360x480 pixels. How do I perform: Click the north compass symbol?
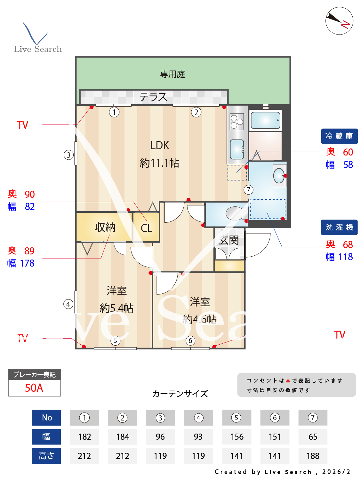click(339, 21)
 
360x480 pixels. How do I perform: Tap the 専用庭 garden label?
click(172, 74)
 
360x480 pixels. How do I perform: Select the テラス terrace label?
click(153, 97)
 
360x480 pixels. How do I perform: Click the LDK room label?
click(160, 146)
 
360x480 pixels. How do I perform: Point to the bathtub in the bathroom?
click(265, 120)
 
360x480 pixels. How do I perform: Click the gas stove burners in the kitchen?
click(237, 122)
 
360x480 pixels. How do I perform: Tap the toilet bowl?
click(235, 213)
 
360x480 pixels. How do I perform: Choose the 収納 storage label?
click(105, 227)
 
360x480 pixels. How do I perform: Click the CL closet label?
click(147, 228)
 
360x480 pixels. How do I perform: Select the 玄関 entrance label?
click(229, 240)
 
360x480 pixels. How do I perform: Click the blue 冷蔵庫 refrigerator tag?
click(339, 136)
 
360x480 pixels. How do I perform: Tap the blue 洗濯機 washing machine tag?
click(339, 227)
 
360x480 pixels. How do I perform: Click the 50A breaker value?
click(34, 388)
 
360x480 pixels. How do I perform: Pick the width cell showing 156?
click(237, 437)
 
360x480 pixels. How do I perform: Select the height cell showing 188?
click(313, 456)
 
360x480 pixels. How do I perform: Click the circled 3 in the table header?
click(160, 418)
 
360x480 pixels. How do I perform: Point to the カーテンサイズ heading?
click(180, 394)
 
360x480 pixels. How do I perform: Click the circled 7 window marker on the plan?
click(248, 190)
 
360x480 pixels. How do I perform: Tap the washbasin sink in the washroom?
click(279, 175)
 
